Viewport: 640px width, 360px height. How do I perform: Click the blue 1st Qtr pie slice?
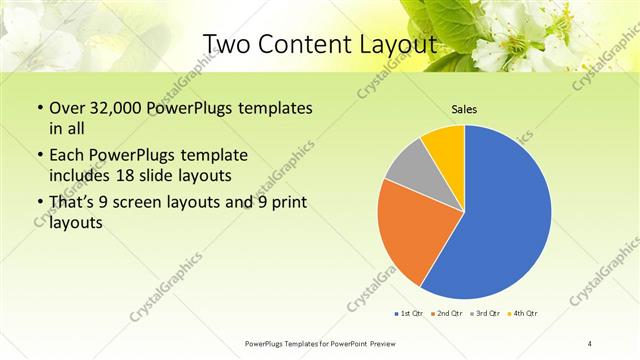point(500,220)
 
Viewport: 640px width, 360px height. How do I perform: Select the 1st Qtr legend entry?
point(410,314)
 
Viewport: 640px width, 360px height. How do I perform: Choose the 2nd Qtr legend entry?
point(446,314)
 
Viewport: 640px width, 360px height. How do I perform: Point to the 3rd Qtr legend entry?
point(486,314)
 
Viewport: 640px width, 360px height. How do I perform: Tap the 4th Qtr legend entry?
point(524,314)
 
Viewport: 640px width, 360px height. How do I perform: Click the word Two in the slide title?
point(227,44)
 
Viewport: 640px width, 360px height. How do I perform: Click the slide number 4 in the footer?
point(590,344)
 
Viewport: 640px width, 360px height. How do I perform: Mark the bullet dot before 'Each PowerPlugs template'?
point(39,157)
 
